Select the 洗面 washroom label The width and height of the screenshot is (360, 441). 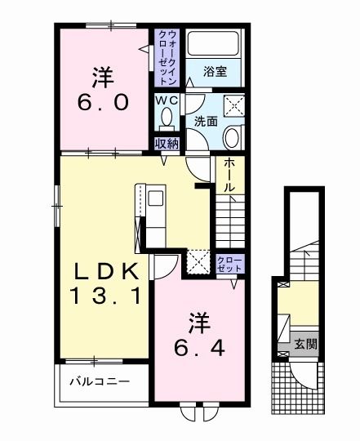tap(205, 121)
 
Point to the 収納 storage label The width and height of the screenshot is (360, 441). tap(167, 144)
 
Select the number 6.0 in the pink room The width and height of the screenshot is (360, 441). tap(103, 103)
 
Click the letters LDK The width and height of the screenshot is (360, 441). tap(103, 270)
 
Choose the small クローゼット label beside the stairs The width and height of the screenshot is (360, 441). tap(229, 263)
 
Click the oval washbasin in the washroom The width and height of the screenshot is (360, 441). tap(232, 136)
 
